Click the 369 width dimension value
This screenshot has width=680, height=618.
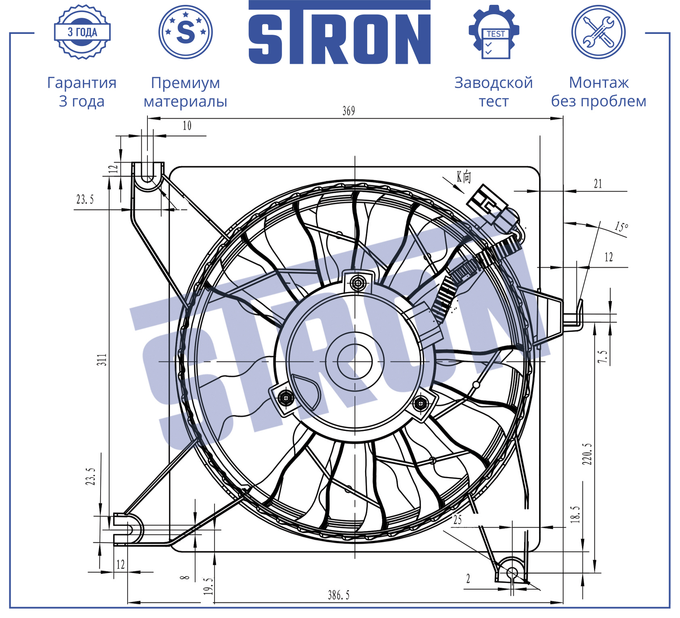pyautogui.click(x=349, y=111)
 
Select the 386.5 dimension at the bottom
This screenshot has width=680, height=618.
pyautogui.click(x=339, y=595)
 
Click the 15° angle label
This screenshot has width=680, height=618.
pyautogui.click(x=621, y=227)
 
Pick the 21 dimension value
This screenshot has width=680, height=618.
pyautogui.click(x=598, y=184)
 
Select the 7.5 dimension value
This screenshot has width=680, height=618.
pyautogui.click(x=602, y=357)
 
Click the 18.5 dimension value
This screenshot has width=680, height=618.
pyautogui.click(x=575, y=515)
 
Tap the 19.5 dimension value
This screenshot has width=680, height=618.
pyautogui.click(x=208, y=586)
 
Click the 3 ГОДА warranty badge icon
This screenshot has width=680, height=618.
pyautogui.click(x=82, y=32)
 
